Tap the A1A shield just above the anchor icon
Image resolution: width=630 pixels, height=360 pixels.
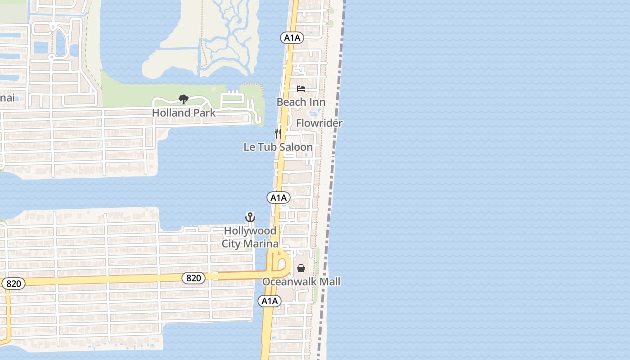(x=279, y=198)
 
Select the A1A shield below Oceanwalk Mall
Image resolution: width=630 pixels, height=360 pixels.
(x=270, y=301)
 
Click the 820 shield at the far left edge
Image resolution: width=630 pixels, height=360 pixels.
(x=13, y=283)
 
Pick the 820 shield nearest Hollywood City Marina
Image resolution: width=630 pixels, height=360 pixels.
(x=193, y=278)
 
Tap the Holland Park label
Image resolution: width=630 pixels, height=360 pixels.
(x=184, y=113)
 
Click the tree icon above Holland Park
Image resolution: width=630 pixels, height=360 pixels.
(x=183, y=99)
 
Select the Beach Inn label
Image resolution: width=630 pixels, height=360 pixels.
(x=301, y=102)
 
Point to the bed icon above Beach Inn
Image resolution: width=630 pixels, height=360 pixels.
(x=301, y=89)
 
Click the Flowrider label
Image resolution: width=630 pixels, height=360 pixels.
(x=319, y=123)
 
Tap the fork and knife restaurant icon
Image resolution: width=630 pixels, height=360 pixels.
(x=278, y=133)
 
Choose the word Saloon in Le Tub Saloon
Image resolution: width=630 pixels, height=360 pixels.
(x=295, y=147)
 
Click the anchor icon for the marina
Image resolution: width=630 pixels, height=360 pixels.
(x=250, y=218)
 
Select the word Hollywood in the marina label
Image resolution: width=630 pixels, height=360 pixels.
(x=250, y=231)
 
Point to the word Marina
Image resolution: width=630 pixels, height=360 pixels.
(x=263, y=244)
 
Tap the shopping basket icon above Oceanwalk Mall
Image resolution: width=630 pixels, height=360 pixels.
(x=301, y=268)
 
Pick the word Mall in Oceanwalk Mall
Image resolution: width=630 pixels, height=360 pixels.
(x=330, y=282)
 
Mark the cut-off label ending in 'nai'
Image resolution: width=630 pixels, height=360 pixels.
(x=7, y=98)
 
